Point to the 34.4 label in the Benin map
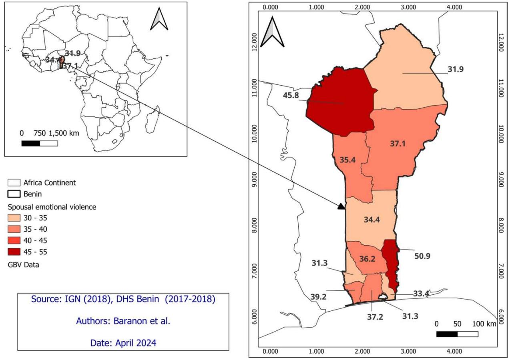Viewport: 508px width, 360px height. pos(372,220)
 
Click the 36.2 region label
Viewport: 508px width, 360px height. pos(367,259)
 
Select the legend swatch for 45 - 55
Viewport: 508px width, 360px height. pos(14,252)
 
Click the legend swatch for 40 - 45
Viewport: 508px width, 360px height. pos(14,240)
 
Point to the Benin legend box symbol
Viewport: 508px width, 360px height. pos(14,194)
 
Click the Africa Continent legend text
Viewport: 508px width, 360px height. pos(49,183)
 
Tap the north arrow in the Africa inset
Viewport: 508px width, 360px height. pos(159,20)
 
